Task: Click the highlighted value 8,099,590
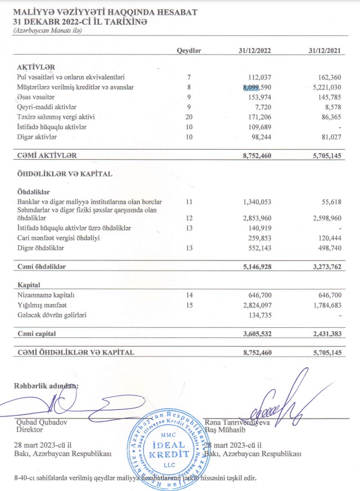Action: pyautogui.click(x=257, y=87)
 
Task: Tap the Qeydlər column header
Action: pyautogui.click(x=189, y=50)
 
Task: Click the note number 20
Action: pyautogui.click(x=189, y=118)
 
